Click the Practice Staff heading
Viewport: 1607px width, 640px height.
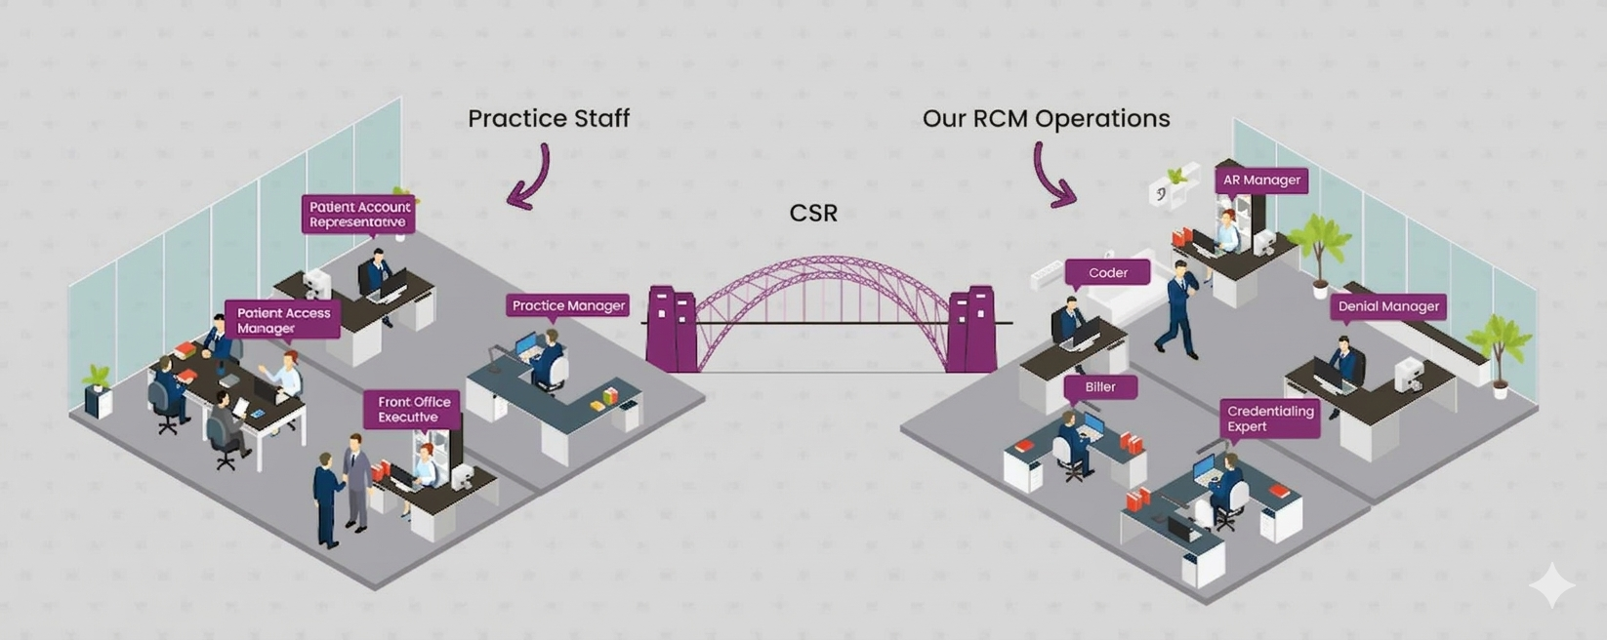coord(548,118)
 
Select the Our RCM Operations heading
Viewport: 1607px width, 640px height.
coord(1046,118)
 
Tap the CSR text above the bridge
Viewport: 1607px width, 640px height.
coord(812,213)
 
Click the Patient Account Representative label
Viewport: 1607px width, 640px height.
coord(358,214)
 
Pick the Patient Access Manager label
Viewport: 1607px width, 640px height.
coord(283,320)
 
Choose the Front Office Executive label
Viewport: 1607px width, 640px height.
coord(413,409)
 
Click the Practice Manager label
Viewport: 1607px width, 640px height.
coord(568,305)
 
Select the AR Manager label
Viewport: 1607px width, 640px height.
coord(1261,180)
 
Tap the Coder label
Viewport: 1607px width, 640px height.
coord(1107,272)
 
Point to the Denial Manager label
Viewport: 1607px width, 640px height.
coord(1387,306)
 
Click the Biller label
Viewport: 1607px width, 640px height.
coord(1099,386)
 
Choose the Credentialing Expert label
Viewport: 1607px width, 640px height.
coord(1269,419)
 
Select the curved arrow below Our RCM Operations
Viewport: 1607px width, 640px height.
coord(1052,176)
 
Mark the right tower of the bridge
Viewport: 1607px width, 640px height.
coord(970,330)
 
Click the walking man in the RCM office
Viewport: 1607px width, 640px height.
coord(1179,309)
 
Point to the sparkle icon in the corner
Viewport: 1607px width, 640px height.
coord(1550,585)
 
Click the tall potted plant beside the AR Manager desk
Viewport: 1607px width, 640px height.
coord(1320,250)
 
